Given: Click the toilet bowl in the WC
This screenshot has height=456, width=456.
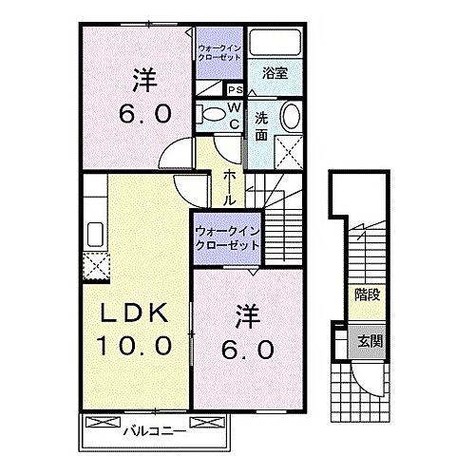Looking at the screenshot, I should pos(211,115).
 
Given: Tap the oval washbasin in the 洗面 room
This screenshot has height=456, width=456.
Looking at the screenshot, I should pos(289,118).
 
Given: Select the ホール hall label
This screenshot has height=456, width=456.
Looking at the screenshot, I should pos(230,188).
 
